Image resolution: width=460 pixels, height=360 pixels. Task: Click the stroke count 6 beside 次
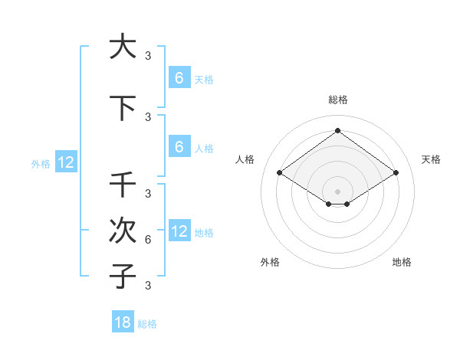point(148,240)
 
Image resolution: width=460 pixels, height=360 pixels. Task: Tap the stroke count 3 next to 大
point(148,55)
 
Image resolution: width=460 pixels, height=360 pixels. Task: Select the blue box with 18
point(123,322)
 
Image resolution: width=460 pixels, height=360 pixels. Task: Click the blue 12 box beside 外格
point(65,162)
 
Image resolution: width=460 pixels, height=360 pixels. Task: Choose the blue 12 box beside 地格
point(179,231)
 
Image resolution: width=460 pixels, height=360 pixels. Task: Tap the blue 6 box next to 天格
point(179,78)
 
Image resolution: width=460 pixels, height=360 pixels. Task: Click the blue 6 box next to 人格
point(179,147)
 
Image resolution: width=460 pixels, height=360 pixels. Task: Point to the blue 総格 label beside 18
point(147,324)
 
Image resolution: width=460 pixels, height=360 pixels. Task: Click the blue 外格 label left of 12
point(41,163)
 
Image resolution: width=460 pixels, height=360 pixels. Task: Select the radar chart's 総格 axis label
point(337,100)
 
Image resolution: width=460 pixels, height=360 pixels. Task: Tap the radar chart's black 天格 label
point(431,159)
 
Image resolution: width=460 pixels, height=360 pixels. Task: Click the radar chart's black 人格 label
point(245,159)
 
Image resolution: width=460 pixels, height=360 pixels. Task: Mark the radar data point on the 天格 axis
point(396,173)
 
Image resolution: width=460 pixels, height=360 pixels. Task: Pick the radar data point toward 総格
point(337,130)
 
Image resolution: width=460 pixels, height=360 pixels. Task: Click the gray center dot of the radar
point(337,191)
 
